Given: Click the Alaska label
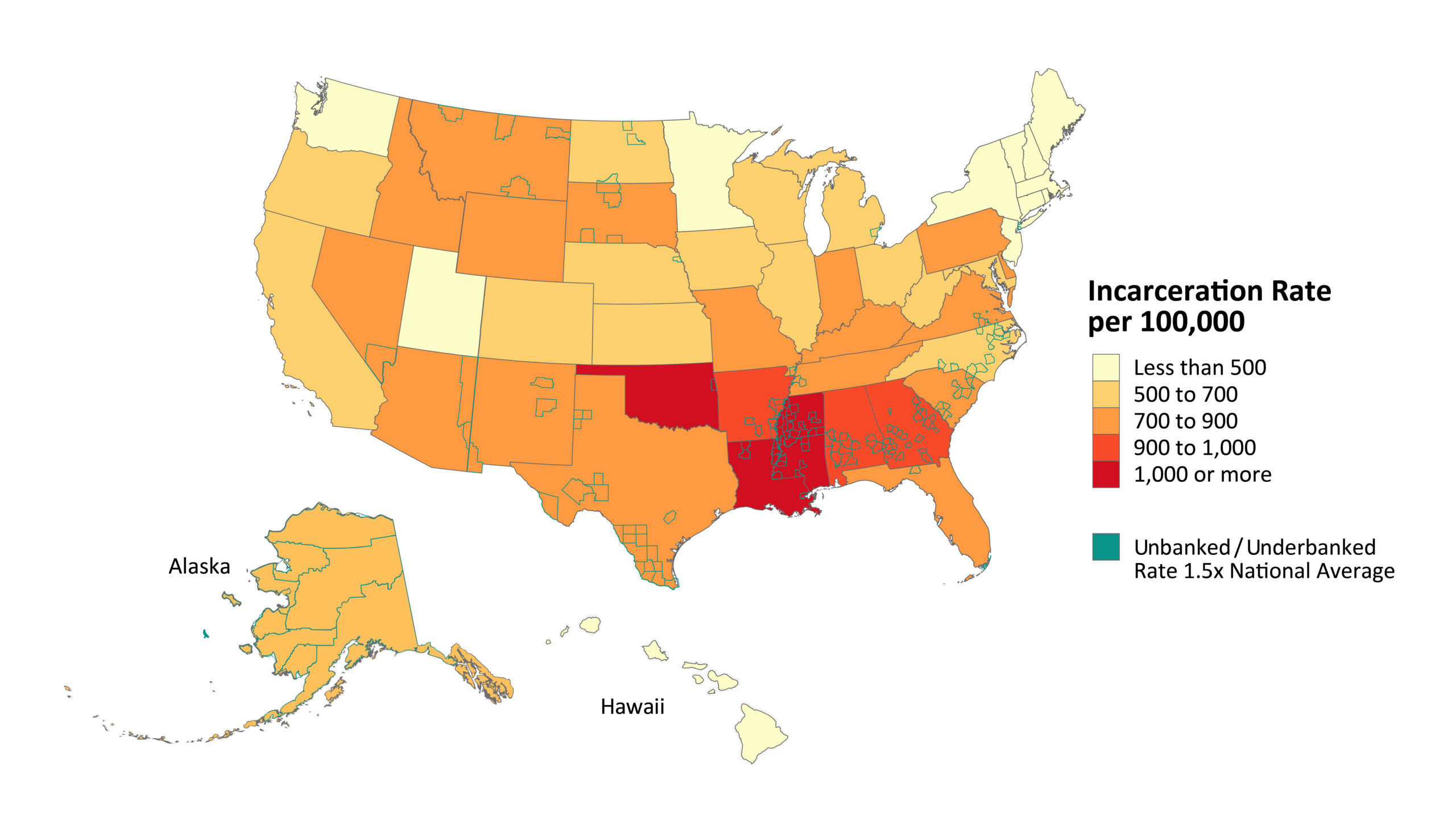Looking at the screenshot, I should pyautogui.click(x=199, y=566).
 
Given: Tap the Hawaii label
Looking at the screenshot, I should pyautogui.click(x=632, y=707).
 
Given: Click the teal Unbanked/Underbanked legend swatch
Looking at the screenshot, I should pyautogui.click(x=1105, y=547).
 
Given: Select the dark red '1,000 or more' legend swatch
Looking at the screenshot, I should pyautogui.click(x=1105, y=474).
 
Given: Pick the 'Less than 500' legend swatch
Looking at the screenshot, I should pyautogui.click(x=1105, y=367).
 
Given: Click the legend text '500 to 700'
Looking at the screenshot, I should pyautogui.click(x=1185, y=394).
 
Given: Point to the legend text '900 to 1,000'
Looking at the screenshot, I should pyautogui.click(x=1194, y=448).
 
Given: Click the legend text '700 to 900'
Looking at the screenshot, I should pyautogui.click(x=1185, y=421).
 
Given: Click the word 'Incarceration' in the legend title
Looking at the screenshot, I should pyautogui.click(x=1169, y=291).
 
